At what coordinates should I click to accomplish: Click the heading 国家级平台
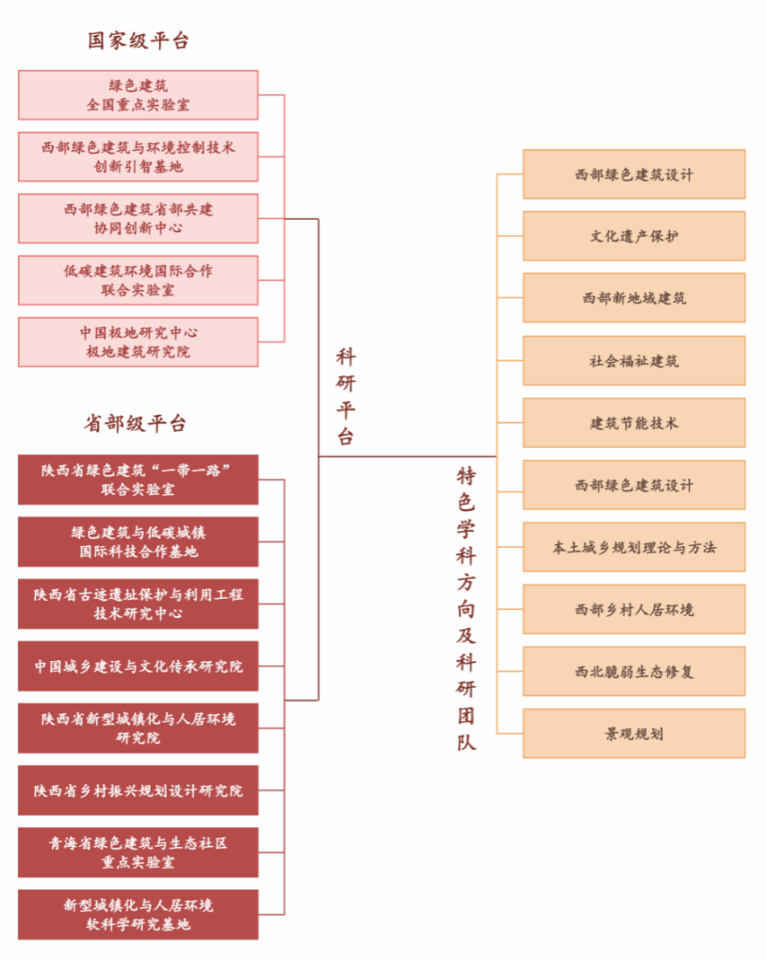click(139, 41)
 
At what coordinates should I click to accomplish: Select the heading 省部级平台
click(139, 423)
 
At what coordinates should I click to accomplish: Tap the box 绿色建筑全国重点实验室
click(139, 95)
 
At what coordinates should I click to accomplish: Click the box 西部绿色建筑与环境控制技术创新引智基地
click(139, 158)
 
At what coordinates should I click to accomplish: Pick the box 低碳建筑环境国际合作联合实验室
click(139, 280)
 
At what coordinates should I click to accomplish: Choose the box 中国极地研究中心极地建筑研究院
click(139, 342)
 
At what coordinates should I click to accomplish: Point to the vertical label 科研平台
click(346, 397)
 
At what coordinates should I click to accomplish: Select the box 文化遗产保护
click(633, 237)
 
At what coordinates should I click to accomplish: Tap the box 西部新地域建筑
click(633, 298)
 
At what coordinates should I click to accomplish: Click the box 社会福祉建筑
click(633, 360)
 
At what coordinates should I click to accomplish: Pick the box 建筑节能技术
click(633, 423)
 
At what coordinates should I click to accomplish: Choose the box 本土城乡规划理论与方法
click(633, 547)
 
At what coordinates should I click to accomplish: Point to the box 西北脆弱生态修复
click(633, 672)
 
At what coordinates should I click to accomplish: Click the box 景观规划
click(633, 734)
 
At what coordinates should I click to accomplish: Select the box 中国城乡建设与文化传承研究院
click(139, 666)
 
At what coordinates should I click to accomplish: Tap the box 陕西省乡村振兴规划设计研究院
click(139, 790)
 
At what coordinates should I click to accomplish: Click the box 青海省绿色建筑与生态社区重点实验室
click(139, 853)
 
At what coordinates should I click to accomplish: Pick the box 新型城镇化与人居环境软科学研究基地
click(139, 915)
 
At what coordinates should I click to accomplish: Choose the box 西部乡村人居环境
click(633, 609)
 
